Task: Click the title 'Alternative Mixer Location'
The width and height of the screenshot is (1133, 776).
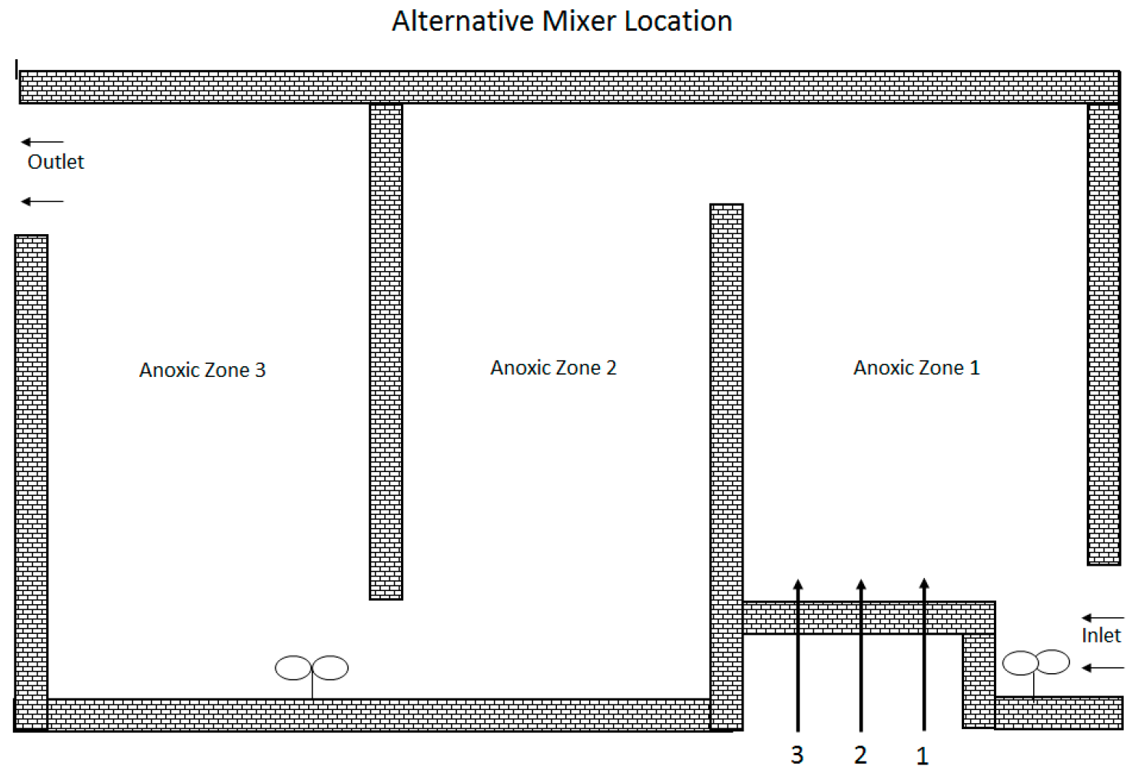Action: pyautogui.click(x=562, y=21)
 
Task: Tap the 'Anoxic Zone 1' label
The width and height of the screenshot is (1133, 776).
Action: pyautogui.click(x=916, y=368)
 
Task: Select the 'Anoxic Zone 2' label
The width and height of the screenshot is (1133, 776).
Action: pyautogui.click(x=553, y=368)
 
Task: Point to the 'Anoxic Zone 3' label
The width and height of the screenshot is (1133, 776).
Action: pyautogui.click(x=202, y=370)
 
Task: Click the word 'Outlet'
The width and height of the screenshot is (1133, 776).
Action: pyautogui.click(x=55, y=162)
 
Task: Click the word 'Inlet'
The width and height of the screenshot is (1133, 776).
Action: pyautogui.click(x=1101, y=636)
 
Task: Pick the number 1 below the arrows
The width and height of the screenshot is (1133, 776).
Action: pyautogui.click(x=923, y=756)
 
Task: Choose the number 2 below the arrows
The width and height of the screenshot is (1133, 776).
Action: pyautogui.click(x=860, y=755)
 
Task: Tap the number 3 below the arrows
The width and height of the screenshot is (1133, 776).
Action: pyautogui.click(x=797, y=755)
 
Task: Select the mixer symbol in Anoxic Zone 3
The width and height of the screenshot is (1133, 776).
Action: pyautogui.click(x=312, y=669)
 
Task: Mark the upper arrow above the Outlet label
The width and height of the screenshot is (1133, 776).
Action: pyautogui.click(x=42, y=142)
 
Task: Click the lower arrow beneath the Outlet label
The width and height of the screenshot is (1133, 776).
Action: pyautogui.click(x=42, y=201)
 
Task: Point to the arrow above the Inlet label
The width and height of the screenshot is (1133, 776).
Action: pyautogui.click(x=1102, y=618)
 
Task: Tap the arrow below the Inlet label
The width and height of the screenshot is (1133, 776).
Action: pyautogui.click(x=1102, y=668)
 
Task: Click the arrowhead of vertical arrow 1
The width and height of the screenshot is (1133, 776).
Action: pyautogui.click(x=924, y=585)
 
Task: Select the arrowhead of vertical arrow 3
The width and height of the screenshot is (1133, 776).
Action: pyautogui.click(x=798, y=586)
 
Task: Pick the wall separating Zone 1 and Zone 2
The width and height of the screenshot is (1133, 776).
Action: pyautogui.click(x=726, y=461)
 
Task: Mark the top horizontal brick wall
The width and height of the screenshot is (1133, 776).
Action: pyautogui.click(x=568, y=87)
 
